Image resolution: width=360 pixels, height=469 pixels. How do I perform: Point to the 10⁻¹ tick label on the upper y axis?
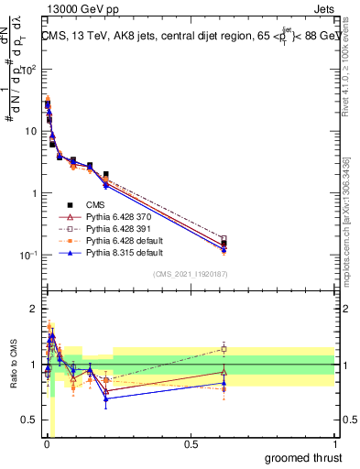click(27, 255)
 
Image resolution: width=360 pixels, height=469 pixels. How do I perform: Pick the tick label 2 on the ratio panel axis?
click(33, 308)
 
